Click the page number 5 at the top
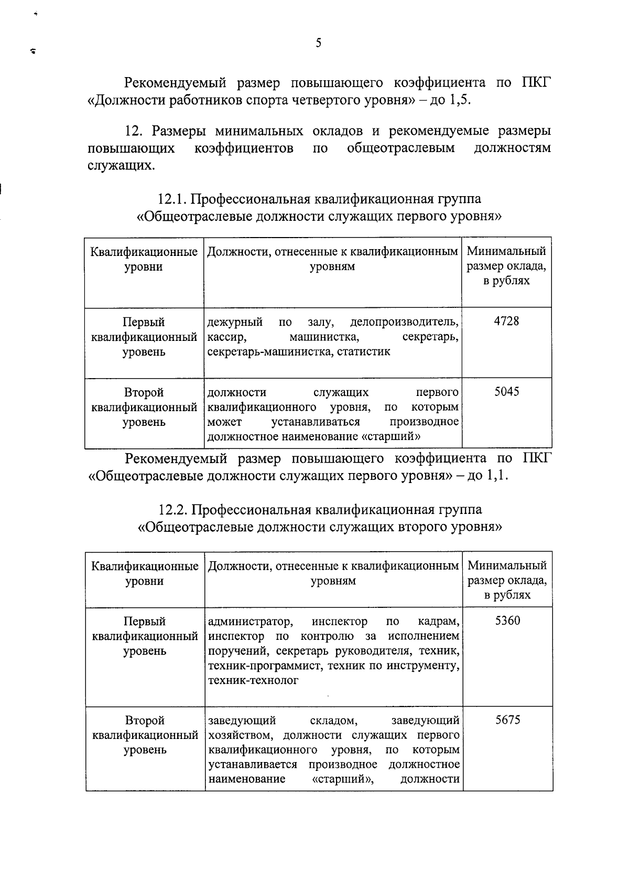[x=318, y=44]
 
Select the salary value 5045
[x=507, y=392]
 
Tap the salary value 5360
[x=507, y=621]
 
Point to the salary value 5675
[x=507, y=720]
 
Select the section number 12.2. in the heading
[x=173, y=510]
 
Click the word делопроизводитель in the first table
[x=404, y=321]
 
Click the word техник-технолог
[x=253, y=681]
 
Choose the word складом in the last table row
[x=333, y=721]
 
